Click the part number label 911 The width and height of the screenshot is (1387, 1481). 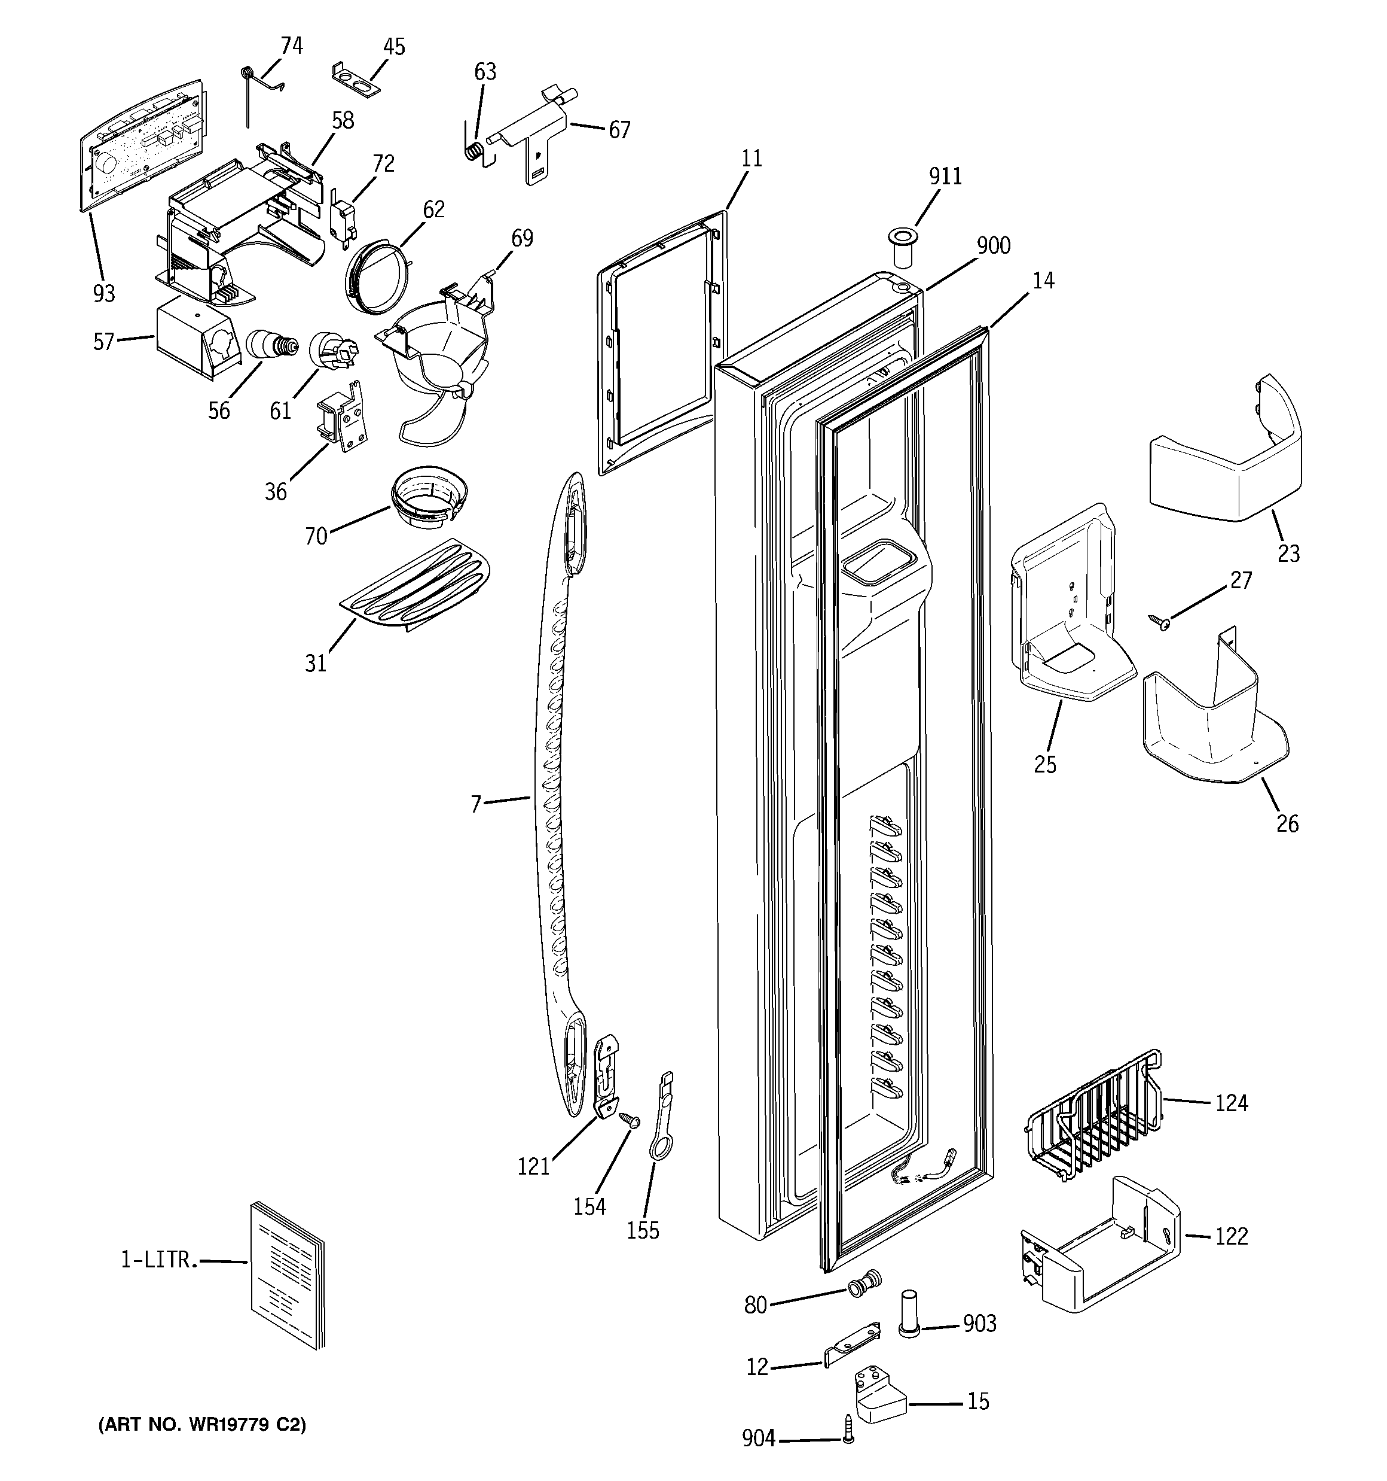click(945, 177)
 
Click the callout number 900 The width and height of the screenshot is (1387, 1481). click(993, 245)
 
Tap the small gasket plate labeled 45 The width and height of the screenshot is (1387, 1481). click(355, 79)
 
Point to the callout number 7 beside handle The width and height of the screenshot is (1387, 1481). click(476, 804)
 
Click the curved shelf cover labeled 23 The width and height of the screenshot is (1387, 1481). click(1226, 458)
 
